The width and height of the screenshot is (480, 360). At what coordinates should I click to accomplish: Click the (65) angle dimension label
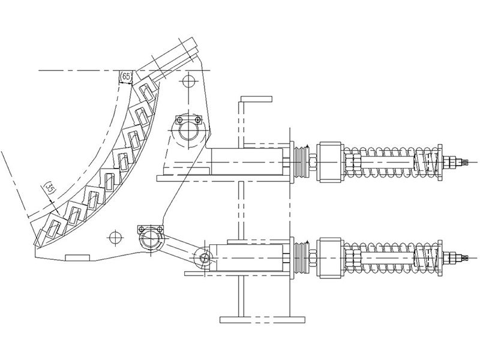click(126, 77)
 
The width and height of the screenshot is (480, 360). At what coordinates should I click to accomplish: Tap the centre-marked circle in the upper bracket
click(189, 82)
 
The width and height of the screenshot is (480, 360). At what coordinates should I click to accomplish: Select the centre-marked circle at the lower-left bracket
click(116, 237)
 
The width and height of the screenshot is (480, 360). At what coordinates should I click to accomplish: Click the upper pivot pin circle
click(189, 131)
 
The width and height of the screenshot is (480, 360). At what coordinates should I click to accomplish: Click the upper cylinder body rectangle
click(247, 161)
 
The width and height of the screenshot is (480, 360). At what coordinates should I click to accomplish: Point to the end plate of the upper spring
click(440, 162)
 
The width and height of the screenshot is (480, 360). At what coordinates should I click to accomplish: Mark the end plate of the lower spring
click(440, 259)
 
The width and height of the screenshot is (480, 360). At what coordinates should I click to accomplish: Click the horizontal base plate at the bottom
click(262, 320)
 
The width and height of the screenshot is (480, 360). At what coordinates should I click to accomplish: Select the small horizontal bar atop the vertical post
click(257, 98)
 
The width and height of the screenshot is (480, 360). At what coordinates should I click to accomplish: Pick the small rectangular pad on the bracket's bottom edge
click(77, 257)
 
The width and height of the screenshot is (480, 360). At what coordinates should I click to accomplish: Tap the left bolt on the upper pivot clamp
click(179, 119)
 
